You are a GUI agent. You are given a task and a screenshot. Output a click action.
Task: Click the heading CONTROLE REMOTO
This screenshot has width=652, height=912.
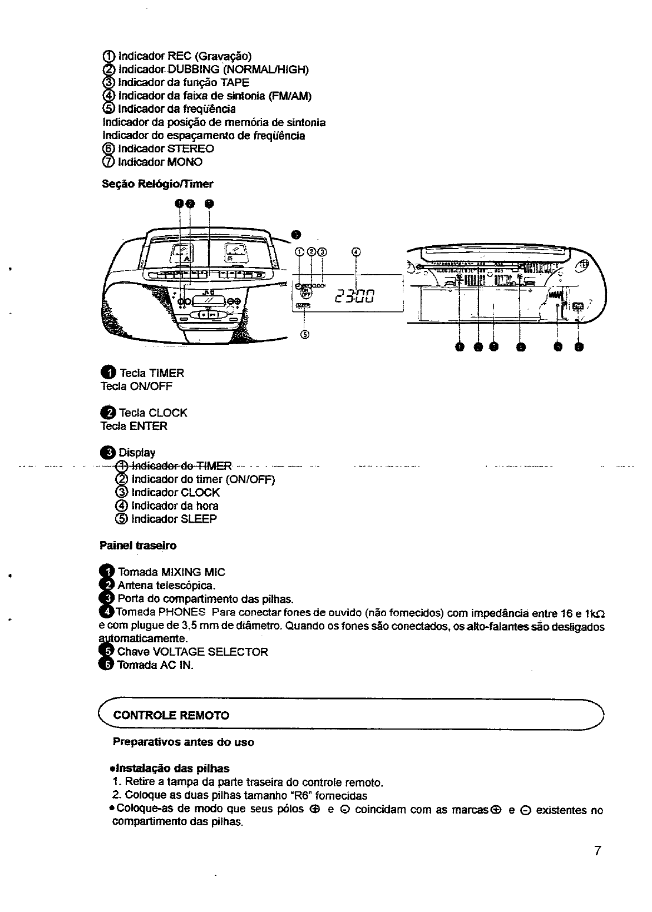click(171, 715)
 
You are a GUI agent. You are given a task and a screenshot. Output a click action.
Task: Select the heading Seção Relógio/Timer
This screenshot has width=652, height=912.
click(157, 184)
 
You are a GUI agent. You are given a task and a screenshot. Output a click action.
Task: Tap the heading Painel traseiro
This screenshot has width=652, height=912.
click(138, 546)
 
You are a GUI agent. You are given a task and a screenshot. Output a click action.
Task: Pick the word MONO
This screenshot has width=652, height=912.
click(185, 162)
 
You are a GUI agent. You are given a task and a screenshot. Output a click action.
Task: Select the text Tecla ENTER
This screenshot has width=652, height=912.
click(134, 427)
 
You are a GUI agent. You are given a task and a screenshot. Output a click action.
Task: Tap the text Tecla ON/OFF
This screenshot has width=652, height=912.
click(137, 386)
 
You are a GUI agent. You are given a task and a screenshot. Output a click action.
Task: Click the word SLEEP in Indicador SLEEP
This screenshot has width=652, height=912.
click(199, 519)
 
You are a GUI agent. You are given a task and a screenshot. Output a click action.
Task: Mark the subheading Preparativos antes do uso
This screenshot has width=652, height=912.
click(184, 742)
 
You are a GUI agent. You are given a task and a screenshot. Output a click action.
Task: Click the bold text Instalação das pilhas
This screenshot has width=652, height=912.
click(171, 769)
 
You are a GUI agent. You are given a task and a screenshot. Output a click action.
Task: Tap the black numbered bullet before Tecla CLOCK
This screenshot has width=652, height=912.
click(108, 413)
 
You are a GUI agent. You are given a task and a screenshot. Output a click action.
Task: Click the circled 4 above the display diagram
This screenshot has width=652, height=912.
click(356, 251)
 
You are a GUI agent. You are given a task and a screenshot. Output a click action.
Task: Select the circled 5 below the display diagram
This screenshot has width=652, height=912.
click(304, 334)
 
